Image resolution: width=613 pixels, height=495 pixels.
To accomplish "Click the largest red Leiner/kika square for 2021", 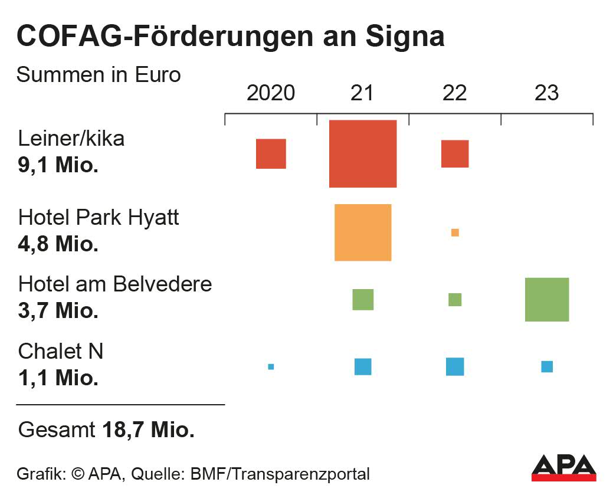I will click(362, 153).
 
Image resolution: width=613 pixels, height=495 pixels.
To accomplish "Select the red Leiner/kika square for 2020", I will click(271, 154).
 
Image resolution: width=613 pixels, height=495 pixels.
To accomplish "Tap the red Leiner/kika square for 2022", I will click(455, 154).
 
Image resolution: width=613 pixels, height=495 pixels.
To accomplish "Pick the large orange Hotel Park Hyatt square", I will click(362, 232).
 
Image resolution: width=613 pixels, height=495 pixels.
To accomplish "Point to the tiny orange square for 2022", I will click(455, 232).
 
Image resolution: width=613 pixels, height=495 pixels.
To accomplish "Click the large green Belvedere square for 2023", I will click(547, 300).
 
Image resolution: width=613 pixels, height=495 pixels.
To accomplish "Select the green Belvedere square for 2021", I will click(363, 300).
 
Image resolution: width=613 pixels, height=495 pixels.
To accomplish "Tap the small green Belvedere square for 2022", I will click(455, 300).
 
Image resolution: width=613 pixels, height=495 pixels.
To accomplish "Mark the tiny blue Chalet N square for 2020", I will click(271, 367).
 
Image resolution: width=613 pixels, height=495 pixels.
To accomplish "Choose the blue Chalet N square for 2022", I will click(455, 366).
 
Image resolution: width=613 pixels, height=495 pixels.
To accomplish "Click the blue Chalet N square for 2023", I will click(547, 366).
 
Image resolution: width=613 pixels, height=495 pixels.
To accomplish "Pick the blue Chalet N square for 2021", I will click(363, 366).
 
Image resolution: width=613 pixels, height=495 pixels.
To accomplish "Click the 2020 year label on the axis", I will click(271, 93).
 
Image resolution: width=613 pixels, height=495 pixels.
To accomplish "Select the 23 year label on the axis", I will click(546, 93).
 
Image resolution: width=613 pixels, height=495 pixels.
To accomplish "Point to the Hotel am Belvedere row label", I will click(115, 284).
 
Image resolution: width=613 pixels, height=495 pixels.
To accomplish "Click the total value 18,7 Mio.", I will click(148, 430).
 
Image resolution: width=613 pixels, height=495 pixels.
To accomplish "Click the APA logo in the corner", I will click(563, 468).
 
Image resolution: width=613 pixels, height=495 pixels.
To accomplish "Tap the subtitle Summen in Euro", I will click(99, 75).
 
